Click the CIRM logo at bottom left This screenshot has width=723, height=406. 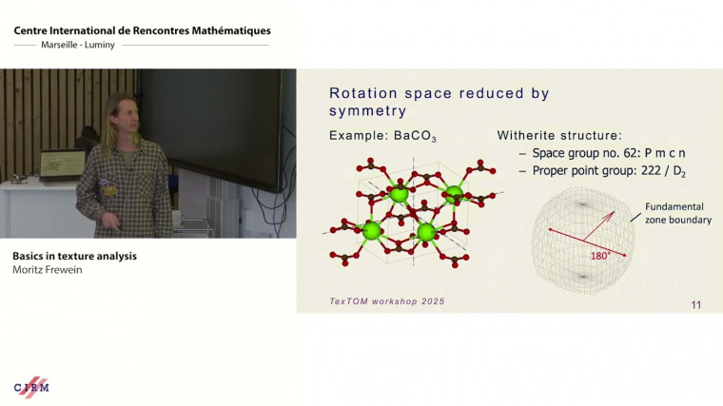pos(31,387)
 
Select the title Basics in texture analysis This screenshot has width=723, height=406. pos(74,256)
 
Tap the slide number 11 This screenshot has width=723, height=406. pos(695,305)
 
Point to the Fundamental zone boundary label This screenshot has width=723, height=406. pos(677,213)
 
